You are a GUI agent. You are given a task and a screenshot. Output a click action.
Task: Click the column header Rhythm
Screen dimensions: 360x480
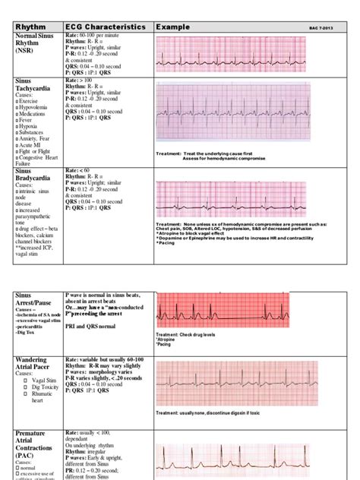[32, 27]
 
